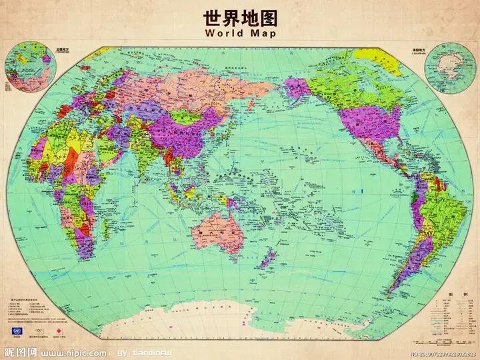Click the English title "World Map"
tap(239, 33)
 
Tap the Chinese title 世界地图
tap(239, 15)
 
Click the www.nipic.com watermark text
tap(73, 351)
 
